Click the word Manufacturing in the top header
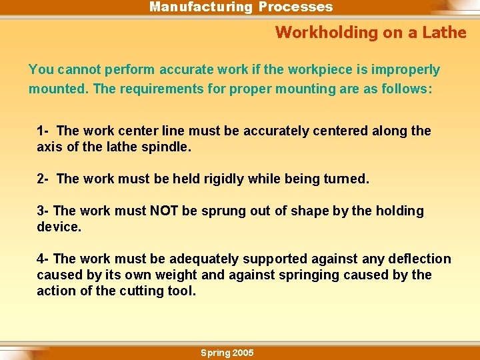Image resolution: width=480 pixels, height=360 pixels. click(x=200, y=7)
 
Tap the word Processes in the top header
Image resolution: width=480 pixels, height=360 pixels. click(x=295, y=7)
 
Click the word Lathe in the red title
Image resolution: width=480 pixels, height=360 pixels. click(x=445, y=32)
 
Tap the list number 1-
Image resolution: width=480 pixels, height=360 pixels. click(x=43, y=131)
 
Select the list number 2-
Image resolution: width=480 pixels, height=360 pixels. click(x=43, y=179)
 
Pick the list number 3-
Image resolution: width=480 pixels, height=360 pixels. click(x=43, y=211)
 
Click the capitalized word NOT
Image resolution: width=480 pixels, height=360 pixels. click(x=164, y=211)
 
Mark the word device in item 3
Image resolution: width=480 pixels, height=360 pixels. click(x=58, y=227)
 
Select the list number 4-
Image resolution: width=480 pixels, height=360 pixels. click(x=43, y=259)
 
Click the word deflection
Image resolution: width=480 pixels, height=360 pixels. click(x=420, y=259)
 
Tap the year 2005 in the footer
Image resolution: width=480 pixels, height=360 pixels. click(x=242, y=353)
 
